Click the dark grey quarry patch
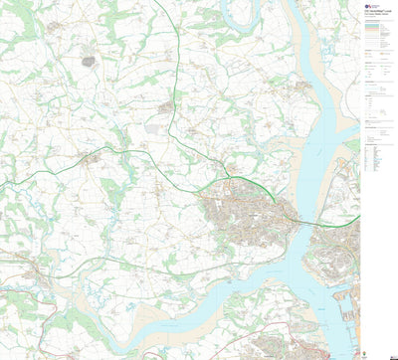pos(88,62)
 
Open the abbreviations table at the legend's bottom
pos(378,159)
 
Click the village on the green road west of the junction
pos(92,158)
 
